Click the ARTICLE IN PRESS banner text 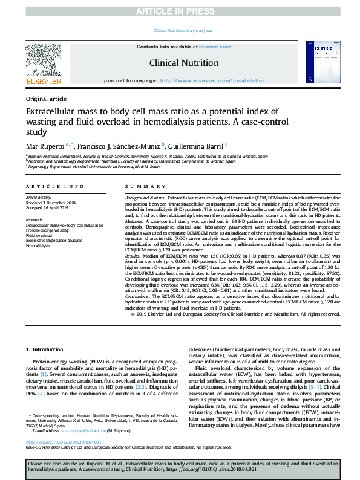(180, 11)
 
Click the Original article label (46, 99)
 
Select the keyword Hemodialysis (39, 246)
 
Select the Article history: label (39, 198)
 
